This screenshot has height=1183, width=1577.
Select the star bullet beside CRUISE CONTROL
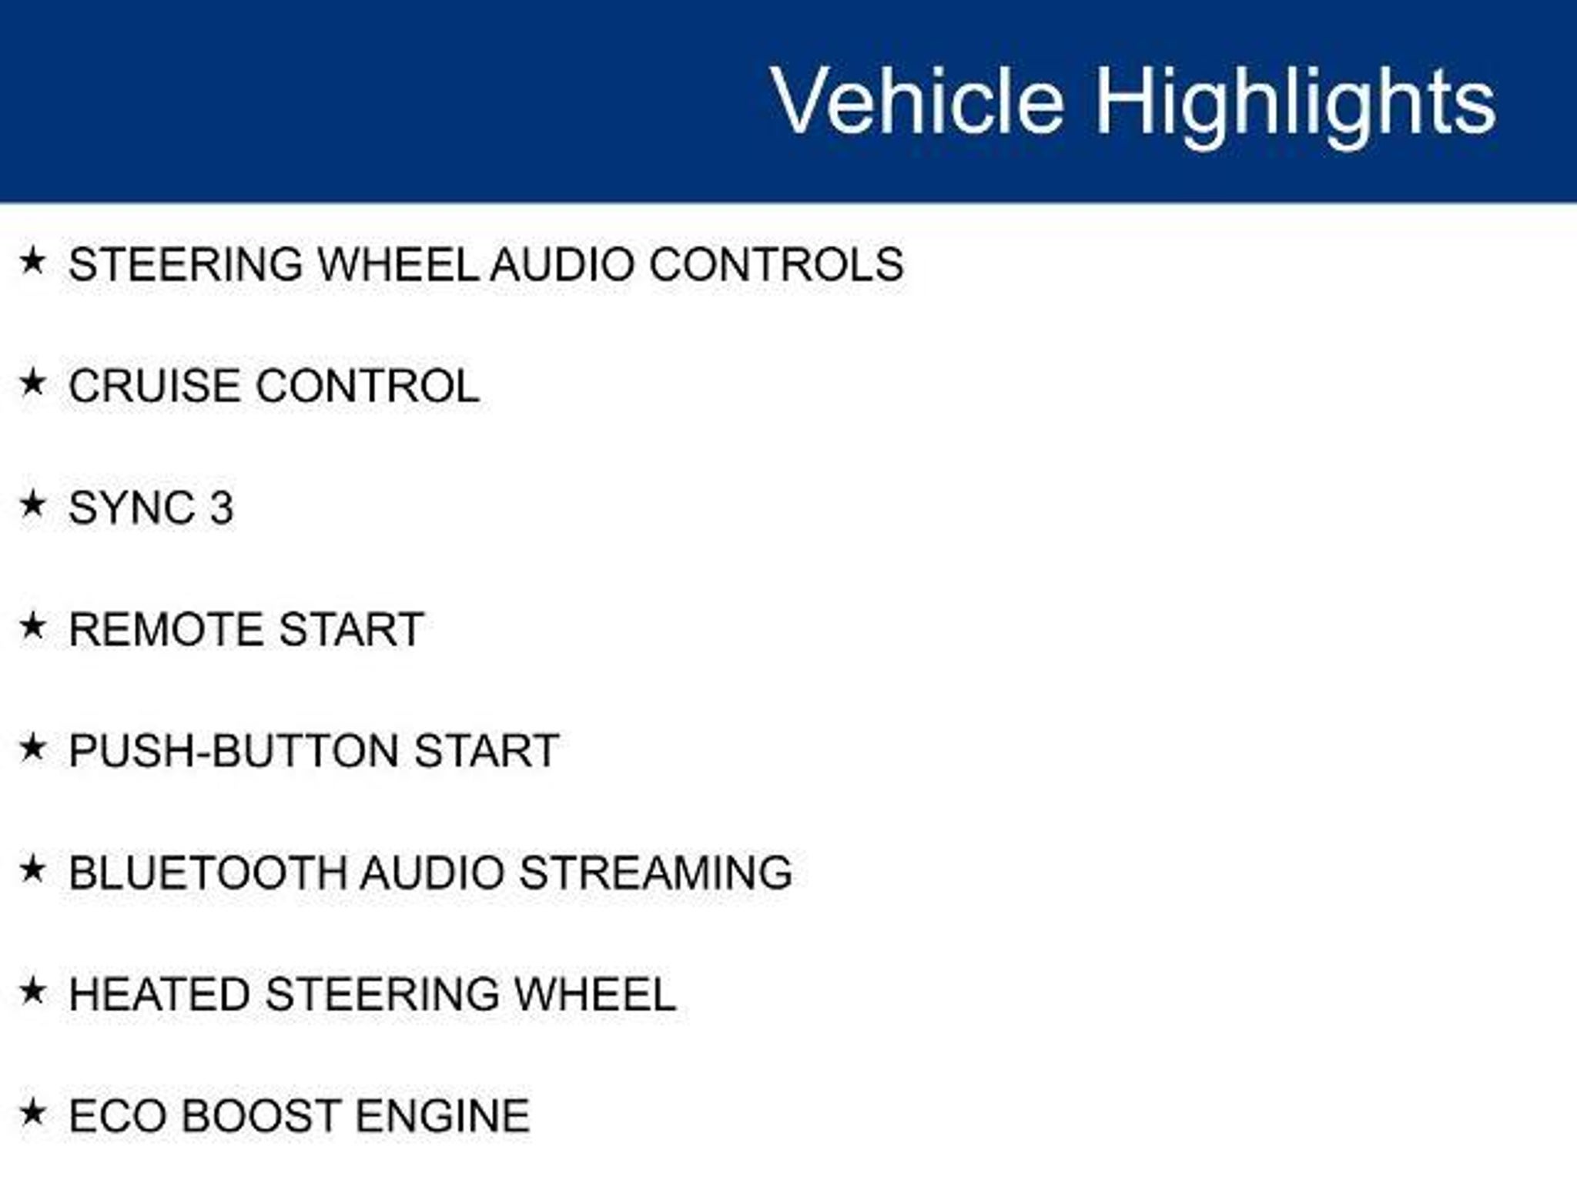(32, 382)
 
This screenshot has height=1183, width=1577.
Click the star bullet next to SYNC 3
(32, 504)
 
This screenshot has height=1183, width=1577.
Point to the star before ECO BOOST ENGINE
(32, 1112)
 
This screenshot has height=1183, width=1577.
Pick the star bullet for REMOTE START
(32, 625)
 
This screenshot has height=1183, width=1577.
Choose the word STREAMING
(655, 873)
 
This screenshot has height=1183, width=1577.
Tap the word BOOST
(262, 1116)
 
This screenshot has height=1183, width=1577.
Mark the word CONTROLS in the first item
(776, 264)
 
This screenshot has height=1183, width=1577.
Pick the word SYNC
(132, 508)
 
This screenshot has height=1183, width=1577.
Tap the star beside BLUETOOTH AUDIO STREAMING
(32, 869)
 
